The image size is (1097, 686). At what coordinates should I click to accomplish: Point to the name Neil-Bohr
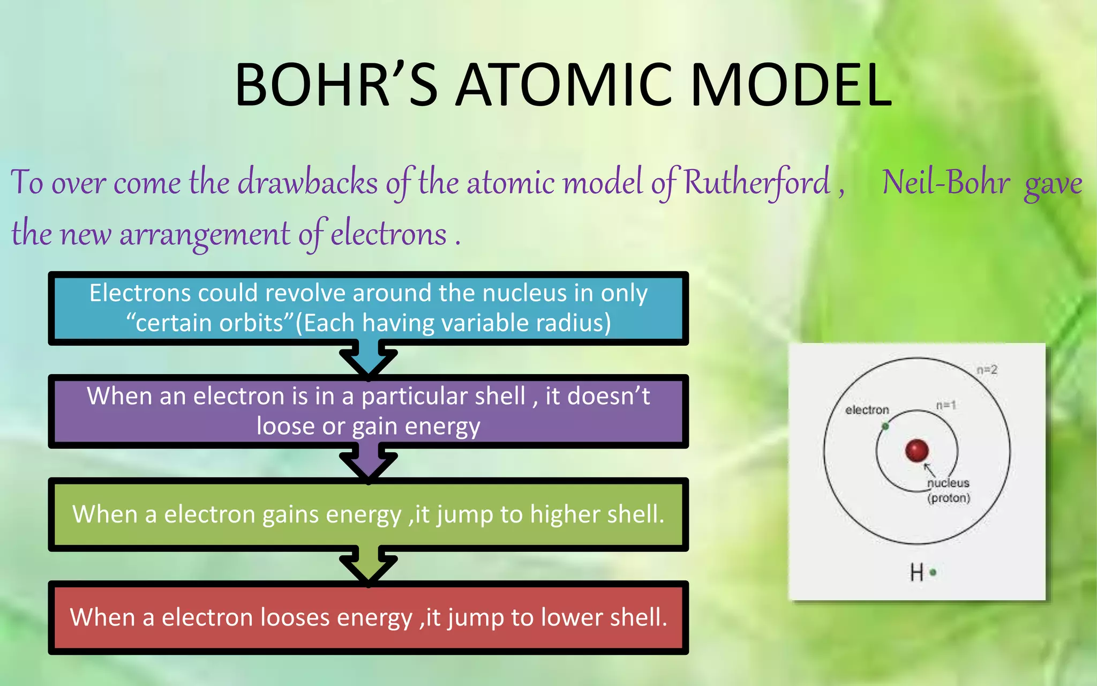(946, 182)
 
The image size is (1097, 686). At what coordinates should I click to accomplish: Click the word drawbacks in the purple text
(308, 182)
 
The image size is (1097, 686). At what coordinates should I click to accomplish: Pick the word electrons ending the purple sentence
(388, 234)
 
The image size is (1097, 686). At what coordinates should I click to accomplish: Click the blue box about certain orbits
(369, 308)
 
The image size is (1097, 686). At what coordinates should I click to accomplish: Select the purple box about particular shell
(369, 411)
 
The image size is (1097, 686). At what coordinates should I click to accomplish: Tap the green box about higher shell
(369, 514)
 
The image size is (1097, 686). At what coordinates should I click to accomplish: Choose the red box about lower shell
(369, 617)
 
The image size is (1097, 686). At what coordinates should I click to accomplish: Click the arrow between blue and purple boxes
(369, 361)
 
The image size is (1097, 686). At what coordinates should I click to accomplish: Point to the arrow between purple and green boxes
(369, 464)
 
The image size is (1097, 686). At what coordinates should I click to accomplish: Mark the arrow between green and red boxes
(369, 566)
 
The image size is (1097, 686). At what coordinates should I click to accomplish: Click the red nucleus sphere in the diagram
(916, 450)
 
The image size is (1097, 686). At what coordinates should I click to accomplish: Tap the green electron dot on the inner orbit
(885, 426)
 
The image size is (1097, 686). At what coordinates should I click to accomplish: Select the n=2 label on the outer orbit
(986, 370)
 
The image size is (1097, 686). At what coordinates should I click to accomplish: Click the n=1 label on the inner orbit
(945, 405)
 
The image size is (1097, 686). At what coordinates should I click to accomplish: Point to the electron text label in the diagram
(867, 410)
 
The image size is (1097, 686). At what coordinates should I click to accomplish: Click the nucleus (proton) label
(948, 490)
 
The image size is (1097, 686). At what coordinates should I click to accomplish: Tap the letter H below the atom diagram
(916, 572)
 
